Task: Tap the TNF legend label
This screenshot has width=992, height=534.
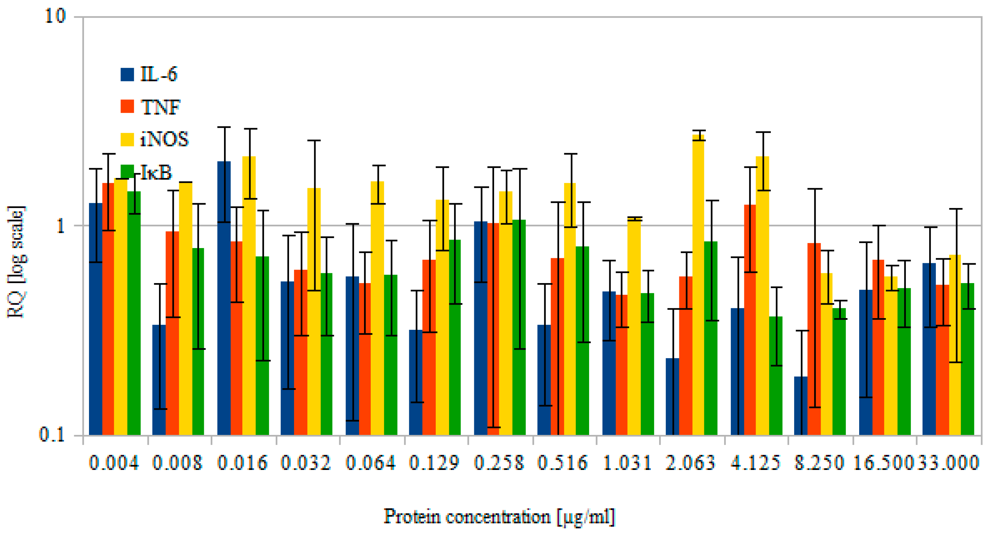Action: click(160, 107)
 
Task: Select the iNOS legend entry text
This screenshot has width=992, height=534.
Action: click(164, 139)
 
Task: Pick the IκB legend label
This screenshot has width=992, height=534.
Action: click(156, 172)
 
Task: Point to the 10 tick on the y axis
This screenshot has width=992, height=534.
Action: click(56, 16)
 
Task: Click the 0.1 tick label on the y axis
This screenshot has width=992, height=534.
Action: click(52, 435)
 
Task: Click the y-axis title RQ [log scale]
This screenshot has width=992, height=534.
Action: click(16, 262)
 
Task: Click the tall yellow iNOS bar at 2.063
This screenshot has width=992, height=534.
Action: click(698, 285)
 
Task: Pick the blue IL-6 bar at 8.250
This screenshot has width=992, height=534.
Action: click(800, 406)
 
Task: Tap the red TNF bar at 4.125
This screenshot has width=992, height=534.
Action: click(749, 320)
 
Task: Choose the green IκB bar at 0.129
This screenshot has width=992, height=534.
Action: click(454, 337)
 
